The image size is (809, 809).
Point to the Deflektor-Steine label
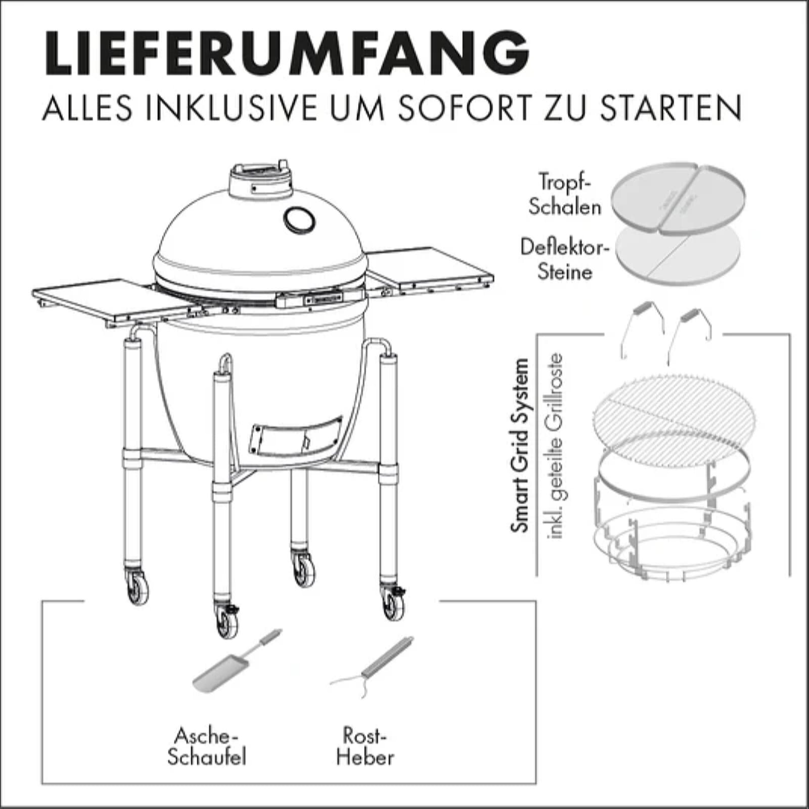564,259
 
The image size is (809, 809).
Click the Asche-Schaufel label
207,746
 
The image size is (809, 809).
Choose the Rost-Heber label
365,746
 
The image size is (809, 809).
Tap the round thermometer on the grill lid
299,219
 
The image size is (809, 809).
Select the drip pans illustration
678,199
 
